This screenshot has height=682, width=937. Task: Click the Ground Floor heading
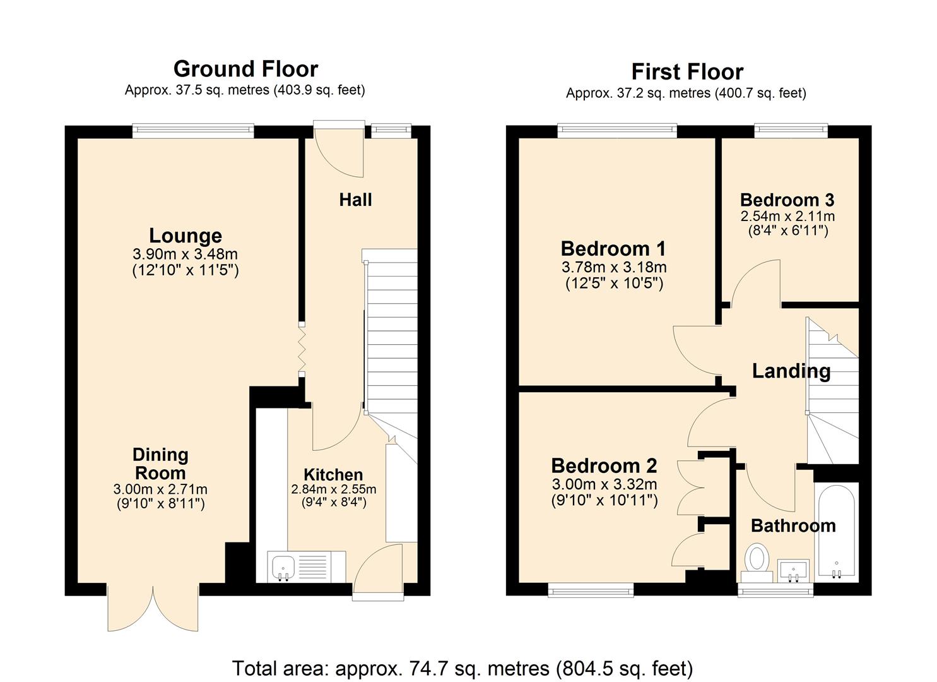(246, 69)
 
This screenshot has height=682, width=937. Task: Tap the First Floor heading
(687, 71)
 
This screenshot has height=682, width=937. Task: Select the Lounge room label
(186, 236)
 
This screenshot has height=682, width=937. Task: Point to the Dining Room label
(161, 464)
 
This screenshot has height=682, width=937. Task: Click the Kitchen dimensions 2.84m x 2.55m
(333, 489)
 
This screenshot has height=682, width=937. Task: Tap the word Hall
(356, 200)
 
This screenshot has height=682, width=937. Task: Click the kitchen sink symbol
(283, 567)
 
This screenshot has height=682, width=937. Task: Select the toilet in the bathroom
(757, 562)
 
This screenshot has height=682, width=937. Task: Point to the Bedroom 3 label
(787, 200)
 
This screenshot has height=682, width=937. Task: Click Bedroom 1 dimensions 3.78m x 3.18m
(614, 266)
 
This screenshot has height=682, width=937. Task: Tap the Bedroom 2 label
(604, 466)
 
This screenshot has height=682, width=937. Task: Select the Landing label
(791, 371)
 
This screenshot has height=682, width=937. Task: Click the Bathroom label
(794, 526)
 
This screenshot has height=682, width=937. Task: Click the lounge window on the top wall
(193, 131)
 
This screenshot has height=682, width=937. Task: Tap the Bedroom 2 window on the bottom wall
(591, 590)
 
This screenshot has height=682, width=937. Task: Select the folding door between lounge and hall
(302, 347)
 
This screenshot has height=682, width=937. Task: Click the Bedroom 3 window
(791, 131)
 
